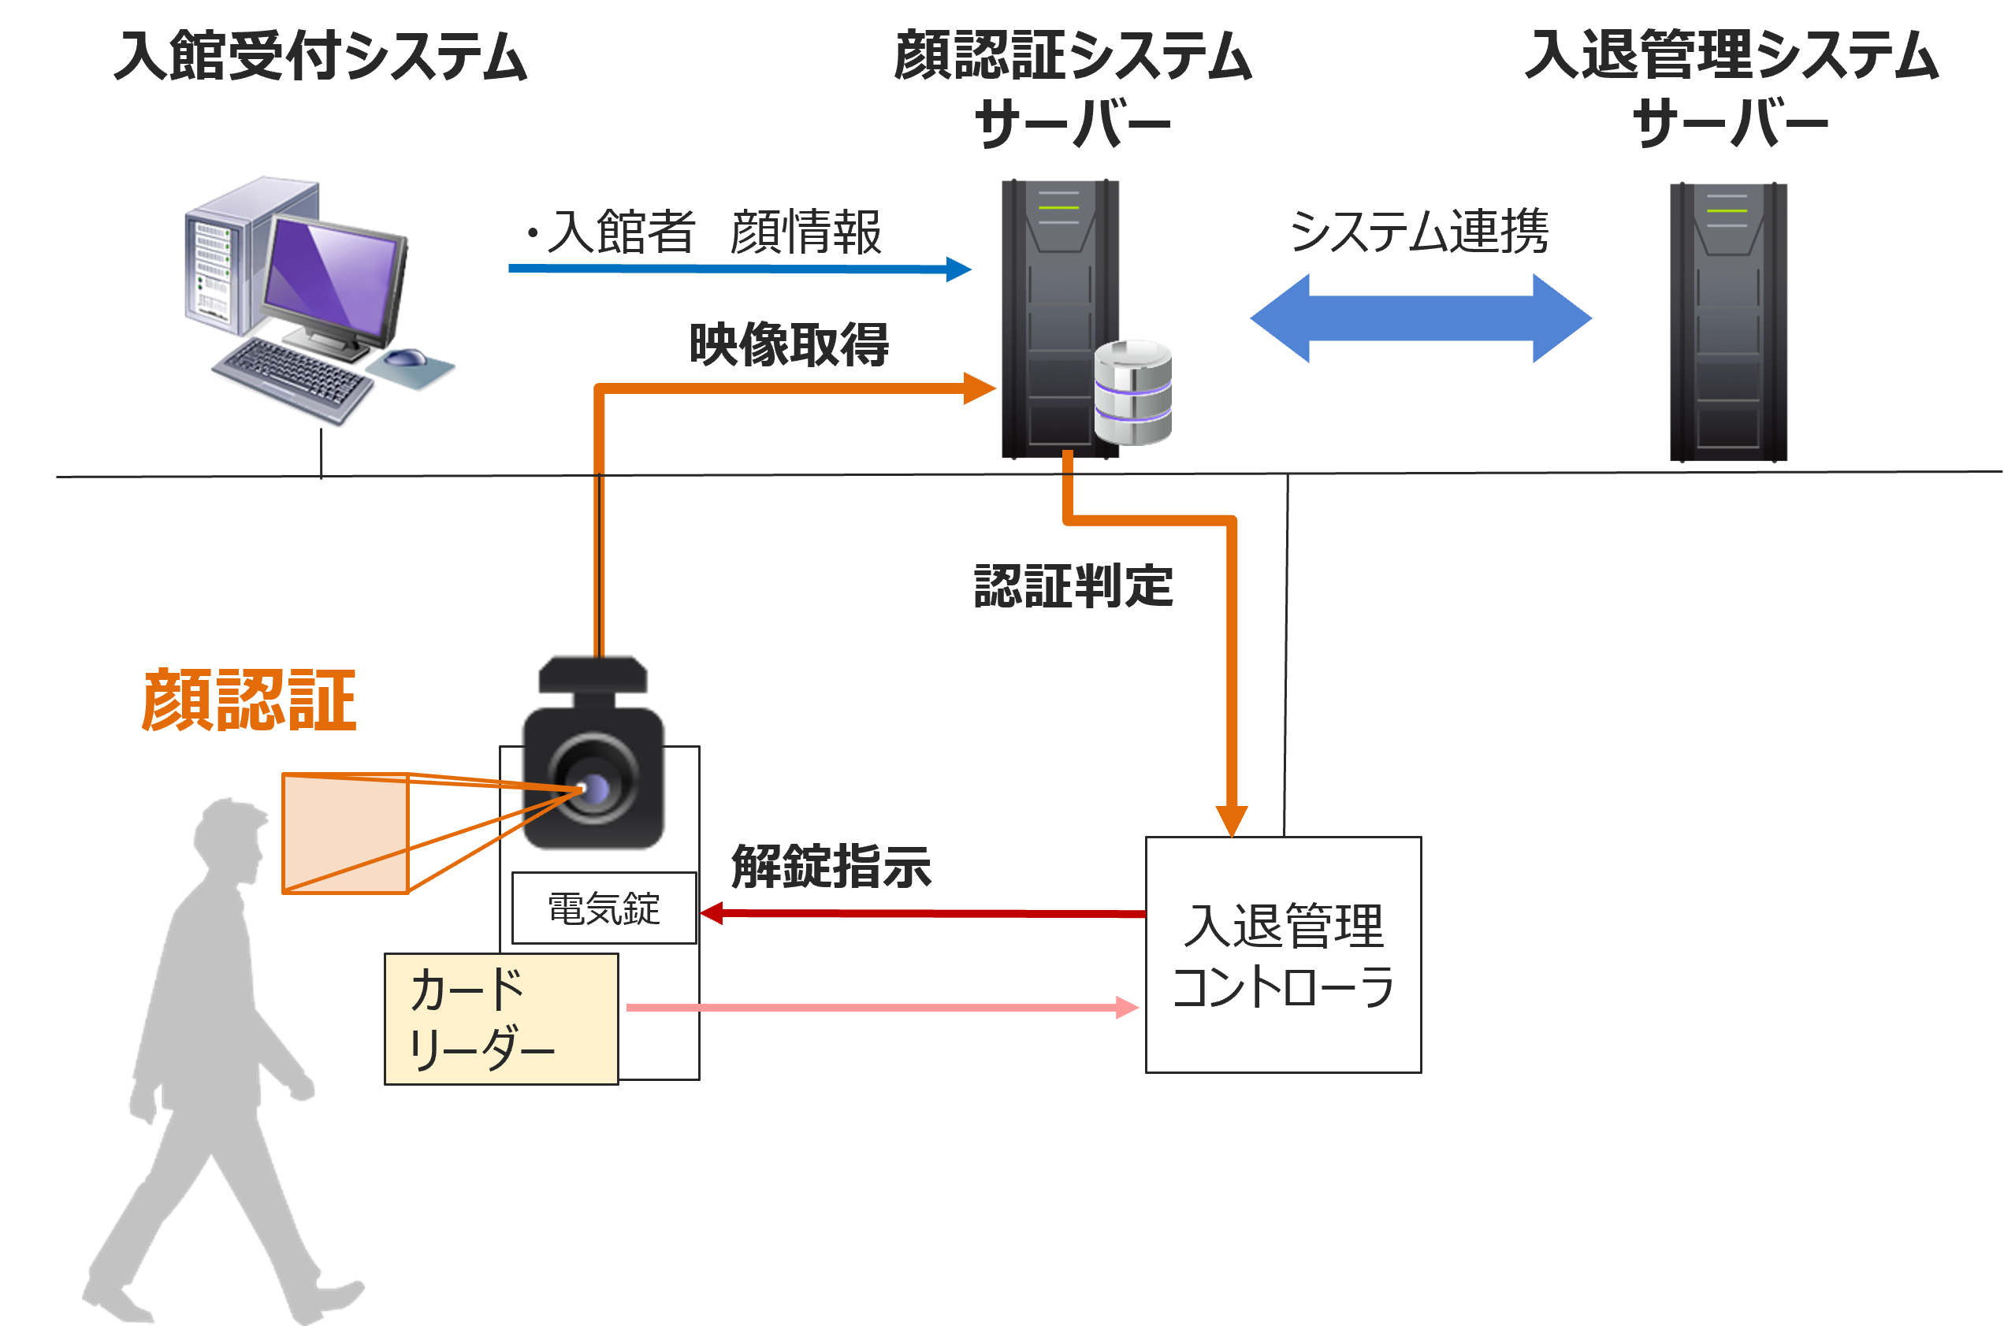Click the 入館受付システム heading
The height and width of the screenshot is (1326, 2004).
321,56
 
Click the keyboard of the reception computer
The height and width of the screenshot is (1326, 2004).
292,381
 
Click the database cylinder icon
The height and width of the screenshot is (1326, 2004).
1132,392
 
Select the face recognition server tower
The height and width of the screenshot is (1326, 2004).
1059,318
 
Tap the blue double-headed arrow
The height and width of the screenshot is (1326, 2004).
1421,318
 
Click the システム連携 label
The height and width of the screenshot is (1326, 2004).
1419,231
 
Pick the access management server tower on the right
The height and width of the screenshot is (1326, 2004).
1728,321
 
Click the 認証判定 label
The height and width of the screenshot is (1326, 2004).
1073,586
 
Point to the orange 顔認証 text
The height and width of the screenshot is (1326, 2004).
250,700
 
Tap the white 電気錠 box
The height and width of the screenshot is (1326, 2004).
604,908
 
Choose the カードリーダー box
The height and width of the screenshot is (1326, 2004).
500,1019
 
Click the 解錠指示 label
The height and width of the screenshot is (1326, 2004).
831,866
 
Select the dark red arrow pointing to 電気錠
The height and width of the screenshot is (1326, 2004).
922,913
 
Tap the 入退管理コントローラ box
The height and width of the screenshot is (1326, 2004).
1283,955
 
